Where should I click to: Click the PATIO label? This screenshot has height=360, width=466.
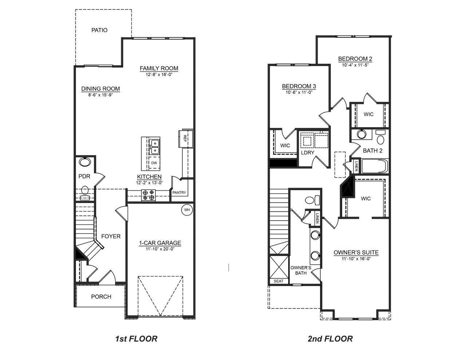click(x=99, y=30)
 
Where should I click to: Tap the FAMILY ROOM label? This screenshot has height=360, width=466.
click(x=159, y=68)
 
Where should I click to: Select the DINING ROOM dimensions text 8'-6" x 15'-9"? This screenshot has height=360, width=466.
click(x=100, y=94)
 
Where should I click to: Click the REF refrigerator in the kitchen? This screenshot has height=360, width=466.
click(x=185, y=138)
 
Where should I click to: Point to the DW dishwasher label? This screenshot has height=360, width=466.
click(x=154, y=163)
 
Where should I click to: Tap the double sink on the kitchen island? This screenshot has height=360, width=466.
click(x=155, y=146)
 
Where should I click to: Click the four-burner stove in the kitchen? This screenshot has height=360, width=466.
click(x=148, y=195)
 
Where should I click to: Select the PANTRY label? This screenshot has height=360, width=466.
click(x=179, y=193)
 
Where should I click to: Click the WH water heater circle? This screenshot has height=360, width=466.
click(x=187, y=210)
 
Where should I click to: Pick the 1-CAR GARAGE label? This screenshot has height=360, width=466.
click(x=160, y=243)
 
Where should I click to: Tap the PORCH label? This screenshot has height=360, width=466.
click(x=101, y=297)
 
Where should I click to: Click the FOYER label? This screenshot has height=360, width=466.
click(x=111, y=236)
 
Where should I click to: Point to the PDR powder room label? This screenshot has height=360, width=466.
click(x=84, y=176)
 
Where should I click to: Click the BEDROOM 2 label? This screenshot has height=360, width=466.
click(x=355, y=59)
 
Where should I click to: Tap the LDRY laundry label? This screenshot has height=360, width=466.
click(x=308, y=153)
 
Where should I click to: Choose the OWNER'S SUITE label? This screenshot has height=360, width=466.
click(x=356, y=253)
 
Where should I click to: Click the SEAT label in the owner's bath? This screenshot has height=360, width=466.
click(x=279, y=281)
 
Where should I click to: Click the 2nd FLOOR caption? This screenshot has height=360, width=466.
click(x=330, y=339)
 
